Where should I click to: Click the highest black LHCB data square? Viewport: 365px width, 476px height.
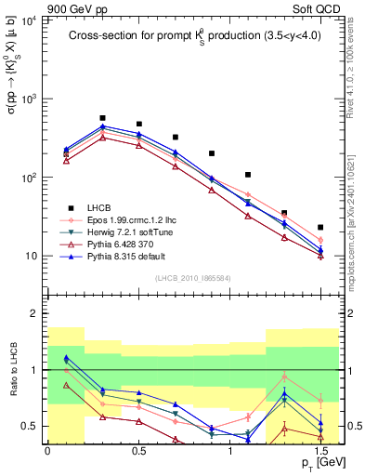[x=102, y=119]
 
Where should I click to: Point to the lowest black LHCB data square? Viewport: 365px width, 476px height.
[x=320, y=227]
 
